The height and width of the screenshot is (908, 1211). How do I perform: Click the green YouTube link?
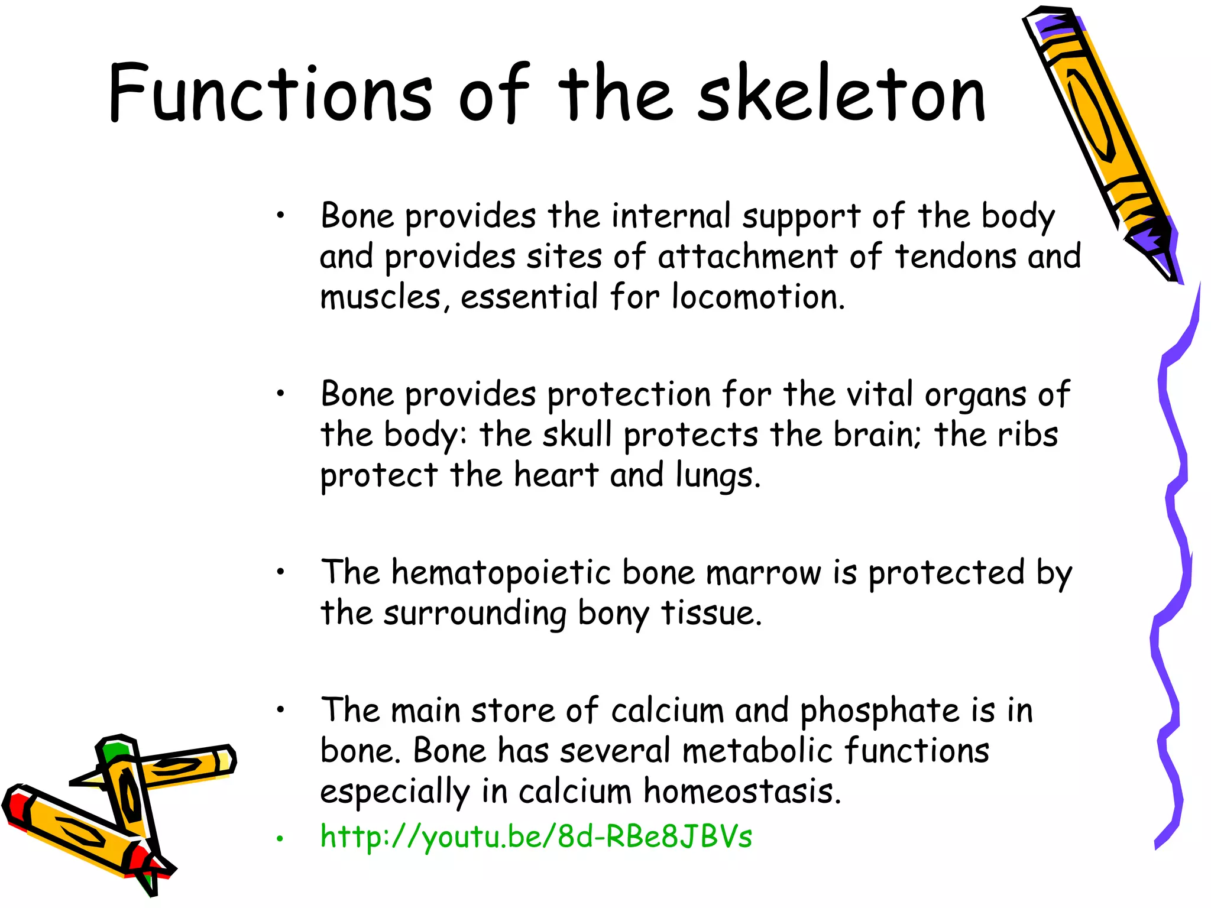point(536,836)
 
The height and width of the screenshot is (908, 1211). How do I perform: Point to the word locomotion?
point(758,297)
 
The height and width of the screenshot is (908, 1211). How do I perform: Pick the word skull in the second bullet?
point(577,434)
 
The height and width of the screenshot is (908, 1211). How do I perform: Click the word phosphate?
point(879,711)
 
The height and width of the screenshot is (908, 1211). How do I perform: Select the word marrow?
point(763,573)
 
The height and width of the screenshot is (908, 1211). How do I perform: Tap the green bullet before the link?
point(281,838)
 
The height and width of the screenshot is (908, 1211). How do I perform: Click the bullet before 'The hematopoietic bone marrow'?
point(281,572)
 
